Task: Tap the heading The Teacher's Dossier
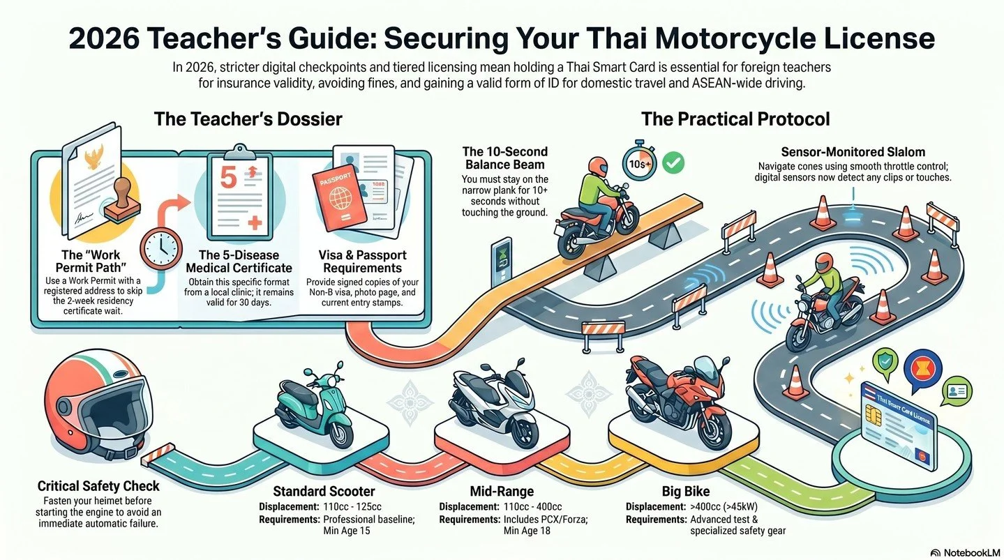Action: (x=248, y=119)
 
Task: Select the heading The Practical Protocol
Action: (x=735, y=119)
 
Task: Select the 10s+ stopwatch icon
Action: (x=638, y=164)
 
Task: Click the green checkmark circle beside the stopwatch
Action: (x=674, y=163)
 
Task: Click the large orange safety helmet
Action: (x=91, y=411)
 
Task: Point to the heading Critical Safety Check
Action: (x=98, y=486)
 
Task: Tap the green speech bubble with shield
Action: (x=887, y=363)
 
